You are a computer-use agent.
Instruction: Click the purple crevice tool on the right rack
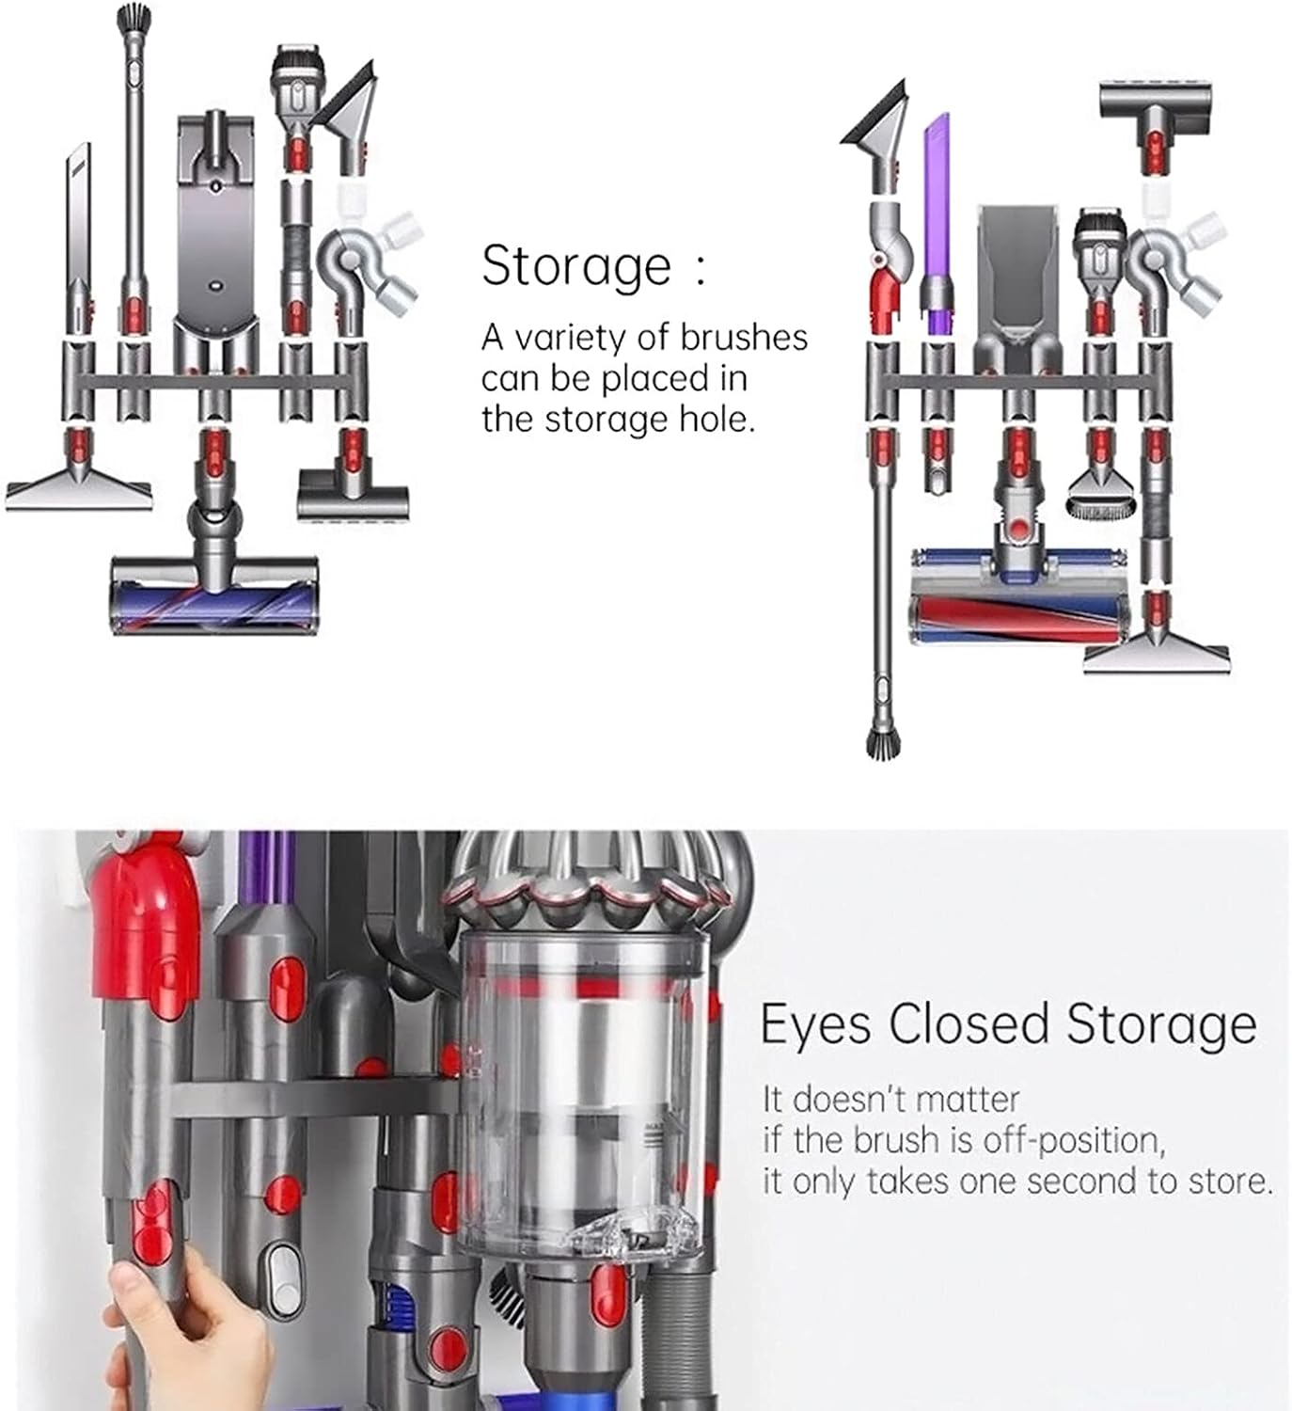(937, 224)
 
